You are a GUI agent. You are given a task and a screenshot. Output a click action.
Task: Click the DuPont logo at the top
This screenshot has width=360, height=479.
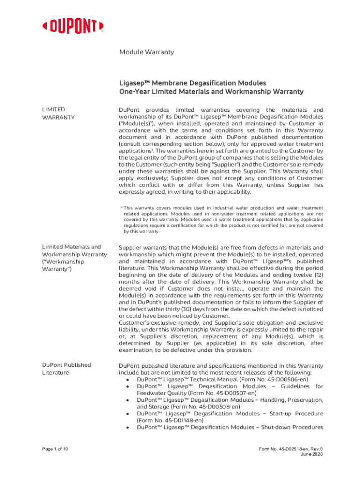tap(73, 26)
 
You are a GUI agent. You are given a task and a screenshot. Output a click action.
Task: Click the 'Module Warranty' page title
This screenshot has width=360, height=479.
tap(146, 52)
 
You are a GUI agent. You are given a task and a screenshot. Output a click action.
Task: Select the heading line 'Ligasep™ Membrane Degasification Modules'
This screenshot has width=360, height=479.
tap(192, 83)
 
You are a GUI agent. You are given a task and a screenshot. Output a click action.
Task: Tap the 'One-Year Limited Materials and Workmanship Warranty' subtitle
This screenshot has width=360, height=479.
tap(211, 91)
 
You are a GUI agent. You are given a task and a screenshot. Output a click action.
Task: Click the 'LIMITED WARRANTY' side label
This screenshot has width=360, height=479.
tap(58, 113)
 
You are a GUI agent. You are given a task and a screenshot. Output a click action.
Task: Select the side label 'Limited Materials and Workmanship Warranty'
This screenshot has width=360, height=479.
tap(74, 258)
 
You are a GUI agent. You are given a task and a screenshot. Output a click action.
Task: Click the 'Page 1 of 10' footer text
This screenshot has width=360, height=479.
tap(55, 449)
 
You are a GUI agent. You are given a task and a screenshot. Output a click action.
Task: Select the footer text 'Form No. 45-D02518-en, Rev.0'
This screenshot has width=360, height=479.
tap(290, 449)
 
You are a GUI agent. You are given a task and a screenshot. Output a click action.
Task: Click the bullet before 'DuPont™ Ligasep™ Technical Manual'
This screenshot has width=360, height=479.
tap(128, 379)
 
